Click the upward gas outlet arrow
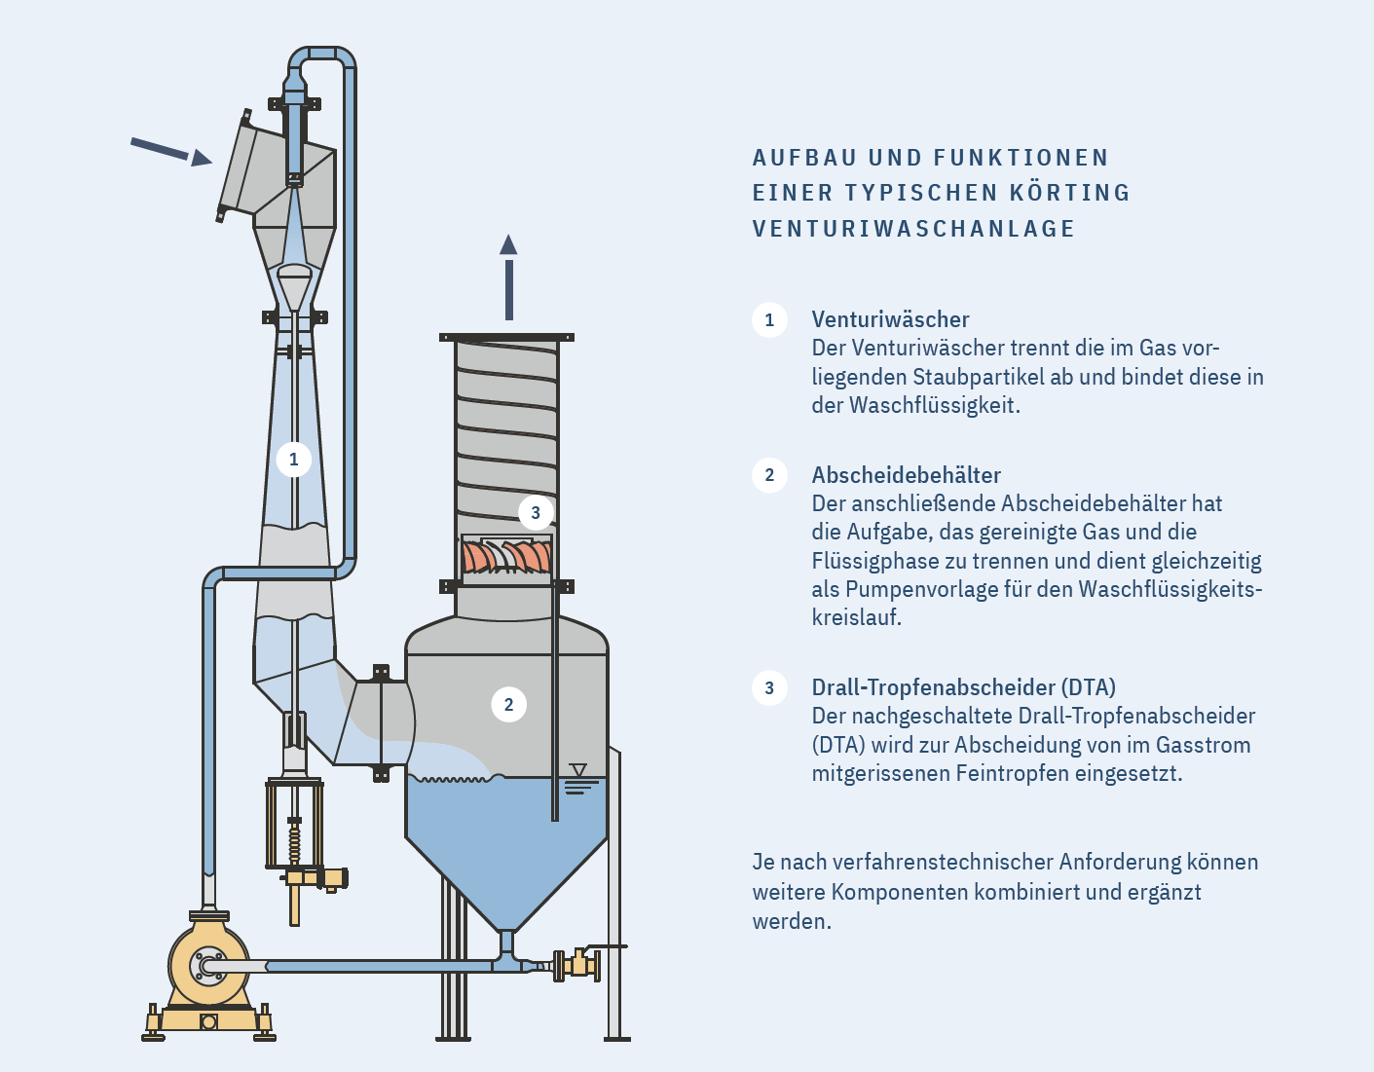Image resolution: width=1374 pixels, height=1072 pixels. (508, 277)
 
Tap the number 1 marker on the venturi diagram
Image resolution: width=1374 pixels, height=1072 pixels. (293, 460)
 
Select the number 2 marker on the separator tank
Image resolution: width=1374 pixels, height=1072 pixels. (508, 705)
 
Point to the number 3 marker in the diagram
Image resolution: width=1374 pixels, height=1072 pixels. (535, 513)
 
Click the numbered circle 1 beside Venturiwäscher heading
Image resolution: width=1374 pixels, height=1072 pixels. (769, 320)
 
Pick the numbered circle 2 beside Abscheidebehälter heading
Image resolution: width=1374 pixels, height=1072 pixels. (769, 475)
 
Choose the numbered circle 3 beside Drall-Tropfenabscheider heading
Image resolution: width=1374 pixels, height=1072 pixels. (769, 688)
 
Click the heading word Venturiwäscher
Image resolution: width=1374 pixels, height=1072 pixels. (890, 319)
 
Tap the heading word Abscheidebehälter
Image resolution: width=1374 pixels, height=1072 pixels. (906, 475)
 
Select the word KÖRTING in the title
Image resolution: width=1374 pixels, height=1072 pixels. (1069, 193)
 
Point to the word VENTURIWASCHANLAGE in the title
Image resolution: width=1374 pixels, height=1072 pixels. (913, 229)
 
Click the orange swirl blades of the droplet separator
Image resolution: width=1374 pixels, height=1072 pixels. (506, 557)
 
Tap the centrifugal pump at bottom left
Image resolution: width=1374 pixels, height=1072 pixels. (207, 966)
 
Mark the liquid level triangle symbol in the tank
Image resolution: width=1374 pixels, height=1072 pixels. (577, 770)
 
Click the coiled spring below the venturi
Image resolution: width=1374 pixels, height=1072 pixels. (294, 843)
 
